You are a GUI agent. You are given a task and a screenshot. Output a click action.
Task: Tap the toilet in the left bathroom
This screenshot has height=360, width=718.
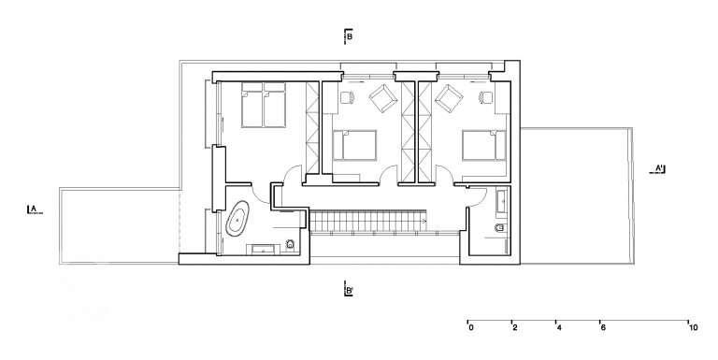[x=290, y=246]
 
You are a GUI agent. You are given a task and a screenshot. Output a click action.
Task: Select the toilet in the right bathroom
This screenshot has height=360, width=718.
[x=499, y=227]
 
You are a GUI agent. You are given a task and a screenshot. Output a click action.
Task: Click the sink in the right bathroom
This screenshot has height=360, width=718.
[x=503, y=201]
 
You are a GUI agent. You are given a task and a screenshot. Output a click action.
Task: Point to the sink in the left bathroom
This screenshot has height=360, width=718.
[x=264, y=250]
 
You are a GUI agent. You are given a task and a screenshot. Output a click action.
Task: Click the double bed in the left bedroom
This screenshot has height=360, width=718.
[x=264, y=105]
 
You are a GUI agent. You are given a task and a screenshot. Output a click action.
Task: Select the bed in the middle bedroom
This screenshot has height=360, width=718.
[x=354, y=146]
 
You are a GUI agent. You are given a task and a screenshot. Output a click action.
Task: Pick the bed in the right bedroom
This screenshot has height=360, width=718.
[x=484, y=146]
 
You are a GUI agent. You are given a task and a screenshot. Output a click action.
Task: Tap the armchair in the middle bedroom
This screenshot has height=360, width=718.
[x=382, y=98]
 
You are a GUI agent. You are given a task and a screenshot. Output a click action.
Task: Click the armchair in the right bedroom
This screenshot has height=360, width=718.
[x=449, y=98]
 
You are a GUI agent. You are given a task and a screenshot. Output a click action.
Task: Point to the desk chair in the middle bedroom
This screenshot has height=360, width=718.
[x=347, y=97]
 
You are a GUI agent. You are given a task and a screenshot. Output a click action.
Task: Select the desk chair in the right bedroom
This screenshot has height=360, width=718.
[x=485, y=97]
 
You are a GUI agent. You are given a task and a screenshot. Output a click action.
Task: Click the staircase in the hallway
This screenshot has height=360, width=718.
[x=369, y=220]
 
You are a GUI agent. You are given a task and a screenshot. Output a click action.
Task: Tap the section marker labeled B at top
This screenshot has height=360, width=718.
[x=349, y=36]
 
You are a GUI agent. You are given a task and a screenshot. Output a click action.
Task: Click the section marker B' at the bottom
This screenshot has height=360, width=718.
[x=349, y=290]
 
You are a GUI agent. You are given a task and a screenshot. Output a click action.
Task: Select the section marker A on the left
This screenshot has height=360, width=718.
[x=35, y=209]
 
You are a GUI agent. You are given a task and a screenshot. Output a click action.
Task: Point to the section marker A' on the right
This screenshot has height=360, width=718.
[x=658, y=169]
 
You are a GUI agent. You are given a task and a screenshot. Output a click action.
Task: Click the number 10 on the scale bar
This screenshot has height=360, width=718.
[x=693, y=327]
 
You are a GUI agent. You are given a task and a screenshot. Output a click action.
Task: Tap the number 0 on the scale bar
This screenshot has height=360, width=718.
[x=471, y=327]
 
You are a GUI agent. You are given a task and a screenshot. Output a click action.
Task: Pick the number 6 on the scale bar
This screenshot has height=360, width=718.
[x=603, y=327]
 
